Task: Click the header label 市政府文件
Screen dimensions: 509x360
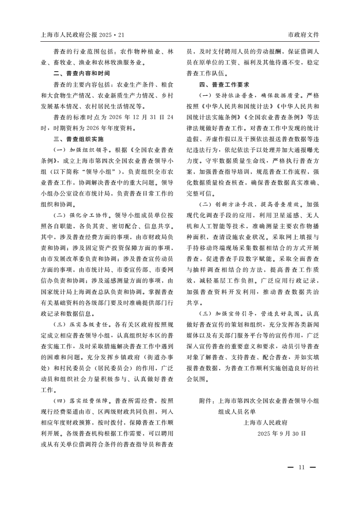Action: (304, 35)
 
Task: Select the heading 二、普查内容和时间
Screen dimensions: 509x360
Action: (81, 73)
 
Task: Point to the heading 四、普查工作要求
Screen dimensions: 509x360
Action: (224, 84)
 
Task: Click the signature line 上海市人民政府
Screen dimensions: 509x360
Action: (266, 422)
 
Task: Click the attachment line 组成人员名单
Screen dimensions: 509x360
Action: (237, 411)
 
